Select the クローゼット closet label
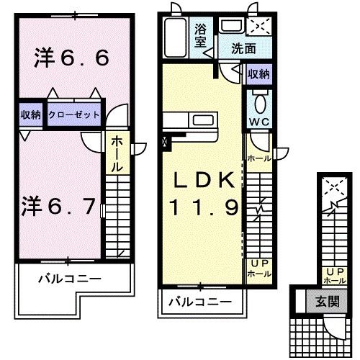(x=74, y=114)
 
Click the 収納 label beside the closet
(x=30, y=114)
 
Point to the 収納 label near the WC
(x=258, y=74)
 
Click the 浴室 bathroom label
(x=202, y=35)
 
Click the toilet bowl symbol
(x=259, y=99)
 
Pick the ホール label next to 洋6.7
(x=116, y=154)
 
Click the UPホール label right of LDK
(x=259, y=269)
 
